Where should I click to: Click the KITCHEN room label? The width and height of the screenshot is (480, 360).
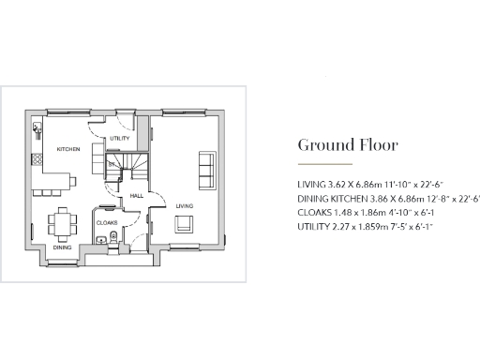pyautogui.click(x=67, y=150)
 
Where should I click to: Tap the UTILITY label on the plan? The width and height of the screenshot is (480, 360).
pyautogui.click(x=119, y=139)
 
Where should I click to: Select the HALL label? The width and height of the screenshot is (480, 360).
pyautogui.click(x=136, y=196)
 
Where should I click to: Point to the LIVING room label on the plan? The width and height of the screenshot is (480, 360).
pyautogui.click(x=184, y=204)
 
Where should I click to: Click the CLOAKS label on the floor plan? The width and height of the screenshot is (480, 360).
pyautogui.click(x=105, y=222)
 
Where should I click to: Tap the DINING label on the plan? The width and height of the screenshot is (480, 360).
pyautogui.click(x=62, y=247)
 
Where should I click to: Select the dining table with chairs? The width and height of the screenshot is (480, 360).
pyautogui.click(x=62, y=223)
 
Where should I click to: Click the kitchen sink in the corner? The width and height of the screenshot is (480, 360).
pyautogui.click(x=37, y=128)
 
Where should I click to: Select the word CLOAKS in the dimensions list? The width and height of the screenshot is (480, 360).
pyautogui.click(x=312, y=213)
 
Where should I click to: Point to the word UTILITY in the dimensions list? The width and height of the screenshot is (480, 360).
pyautogui.click(x=312, y=226)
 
